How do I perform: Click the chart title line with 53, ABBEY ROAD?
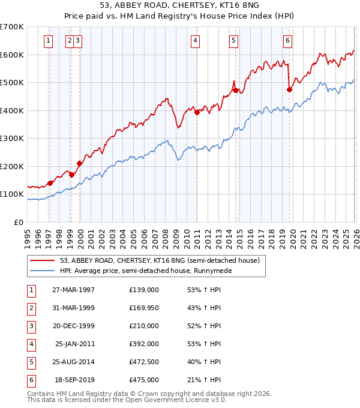coord(179,7)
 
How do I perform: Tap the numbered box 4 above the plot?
coord(196,41)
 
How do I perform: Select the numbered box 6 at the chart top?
coord(288,41)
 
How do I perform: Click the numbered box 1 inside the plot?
coord(48,41)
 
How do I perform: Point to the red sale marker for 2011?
coord(197,112)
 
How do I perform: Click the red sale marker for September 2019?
coord(289,89)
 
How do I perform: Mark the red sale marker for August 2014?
coord(235,90)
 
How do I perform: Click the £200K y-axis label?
coord(12,166)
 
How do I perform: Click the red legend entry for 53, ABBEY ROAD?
coord(159,260)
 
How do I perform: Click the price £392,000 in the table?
coord(144,344)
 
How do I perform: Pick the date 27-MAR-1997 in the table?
coord(73,290)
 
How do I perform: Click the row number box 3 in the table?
coord(31,326)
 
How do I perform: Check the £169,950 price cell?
coord(144,308)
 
